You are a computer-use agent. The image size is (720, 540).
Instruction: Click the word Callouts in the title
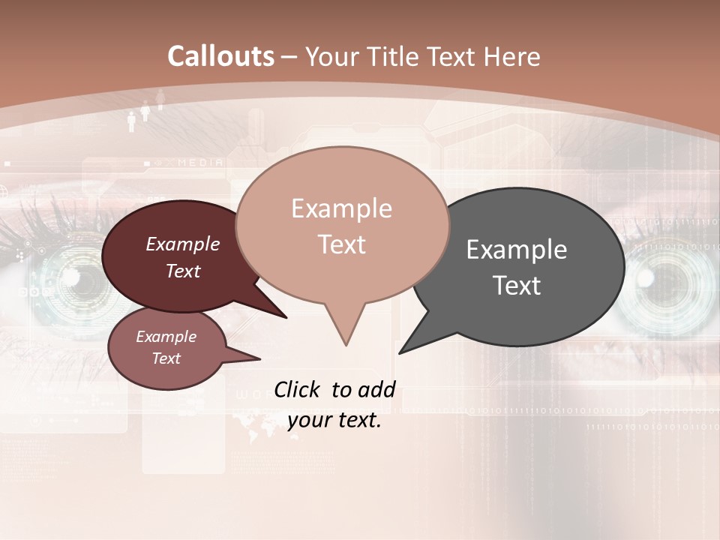(220, 56)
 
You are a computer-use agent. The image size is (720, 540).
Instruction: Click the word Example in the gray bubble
(517, 250)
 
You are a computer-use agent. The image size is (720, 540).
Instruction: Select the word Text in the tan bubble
(342, 244)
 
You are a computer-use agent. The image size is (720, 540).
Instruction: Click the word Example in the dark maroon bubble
(182, 244)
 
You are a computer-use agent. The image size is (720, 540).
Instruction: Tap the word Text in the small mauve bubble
(166, 358)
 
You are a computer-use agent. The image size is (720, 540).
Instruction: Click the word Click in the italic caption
(298, 389)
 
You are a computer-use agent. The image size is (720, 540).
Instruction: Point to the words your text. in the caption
(334, 421)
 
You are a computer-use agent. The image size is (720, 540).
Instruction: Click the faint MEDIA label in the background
(200, 162)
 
